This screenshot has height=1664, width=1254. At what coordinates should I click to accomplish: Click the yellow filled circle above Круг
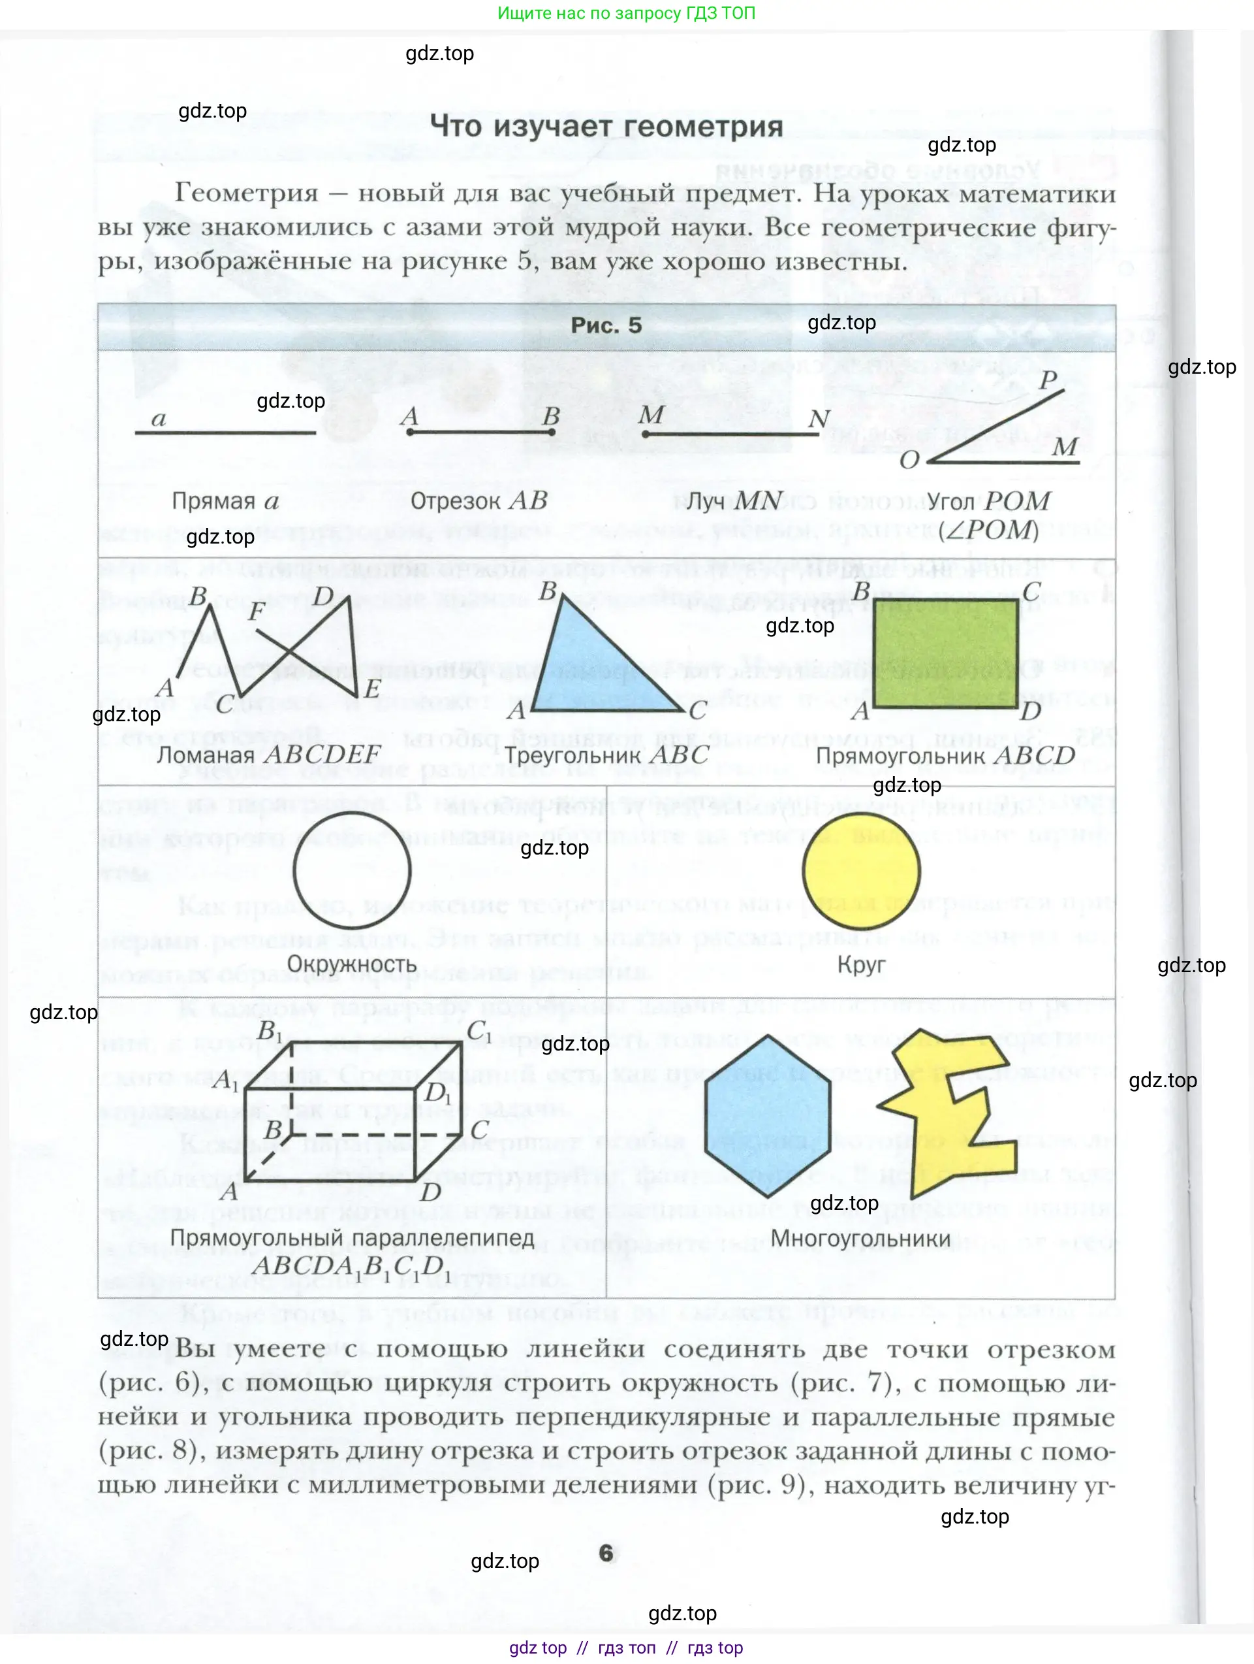pyautogui.click(x=861, y=871)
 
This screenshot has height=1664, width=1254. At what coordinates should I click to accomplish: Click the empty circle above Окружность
pyautogui.click(x=351, y=871)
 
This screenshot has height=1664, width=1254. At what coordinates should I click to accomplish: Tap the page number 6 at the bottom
pyautogui.click(x=606, y=1554)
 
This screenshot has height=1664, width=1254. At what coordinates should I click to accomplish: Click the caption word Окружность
pyautogui.click(x=351, y=964)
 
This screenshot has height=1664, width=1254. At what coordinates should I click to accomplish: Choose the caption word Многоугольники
pyautogui.click(x=860, y=1238)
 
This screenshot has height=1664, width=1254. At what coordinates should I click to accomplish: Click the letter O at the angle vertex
pyautogui.click(x=909, y=460)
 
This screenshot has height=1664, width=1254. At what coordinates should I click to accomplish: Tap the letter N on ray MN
pyautogui.click(x=819, y=418)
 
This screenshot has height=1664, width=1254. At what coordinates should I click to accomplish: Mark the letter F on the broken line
pyautogui.click(x=257, y=611)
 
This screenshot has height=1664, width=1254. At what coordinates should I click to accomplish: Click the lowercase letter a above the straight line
pyautogui.click(x=159, y=418)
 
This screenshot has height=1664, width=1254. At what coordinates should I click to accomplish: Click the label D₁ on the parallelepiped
pyautogui.click(x=437, y=1092)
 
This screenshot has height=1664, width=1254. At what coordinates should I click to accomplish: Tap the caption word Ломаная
pyautogui.click(x=205, y=755)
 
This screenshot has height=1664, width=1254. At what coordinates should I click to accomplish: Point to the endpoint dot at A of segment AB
pyautogui.click(x=410, y=432)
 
